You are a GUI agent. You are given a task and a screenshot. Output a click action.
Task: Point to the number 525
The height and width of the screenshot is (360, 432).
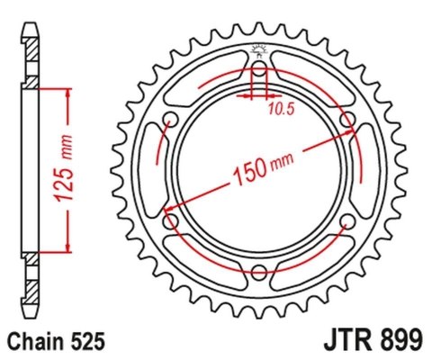(x=90, y=341)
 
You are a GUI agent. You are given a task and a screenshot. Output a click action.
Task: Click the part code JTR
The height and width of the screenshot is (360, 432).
(x=344, y=341)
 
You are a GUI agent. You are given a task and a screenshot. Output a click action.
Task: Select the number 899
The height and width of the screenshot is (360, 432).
(x=397, y=341)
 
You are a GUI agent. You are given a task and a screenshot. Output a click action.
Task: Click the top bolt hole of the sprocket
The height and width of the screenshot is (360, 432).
(x=259, y=69)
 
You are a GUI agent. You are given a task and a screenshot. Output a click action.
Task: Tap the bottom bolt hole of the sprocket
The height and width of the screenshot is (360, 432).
(x=259, y=274)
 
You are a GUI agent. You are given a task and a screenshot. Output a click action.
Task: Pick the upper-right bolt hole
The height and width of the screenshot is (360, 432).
(x=348, y=121)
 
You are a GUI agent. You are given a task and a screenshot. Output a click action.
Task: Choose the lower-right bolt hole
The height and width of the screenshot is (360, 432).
(x=348, y=223)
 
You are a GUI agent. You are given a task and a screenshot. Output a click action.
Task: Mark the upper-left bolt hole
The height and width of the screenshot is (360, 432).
(x=170, y=121)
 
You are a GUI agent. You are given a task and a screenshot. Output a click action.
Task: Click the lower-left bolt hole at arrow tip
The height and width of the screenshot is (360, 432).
(x=170, y=223)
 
